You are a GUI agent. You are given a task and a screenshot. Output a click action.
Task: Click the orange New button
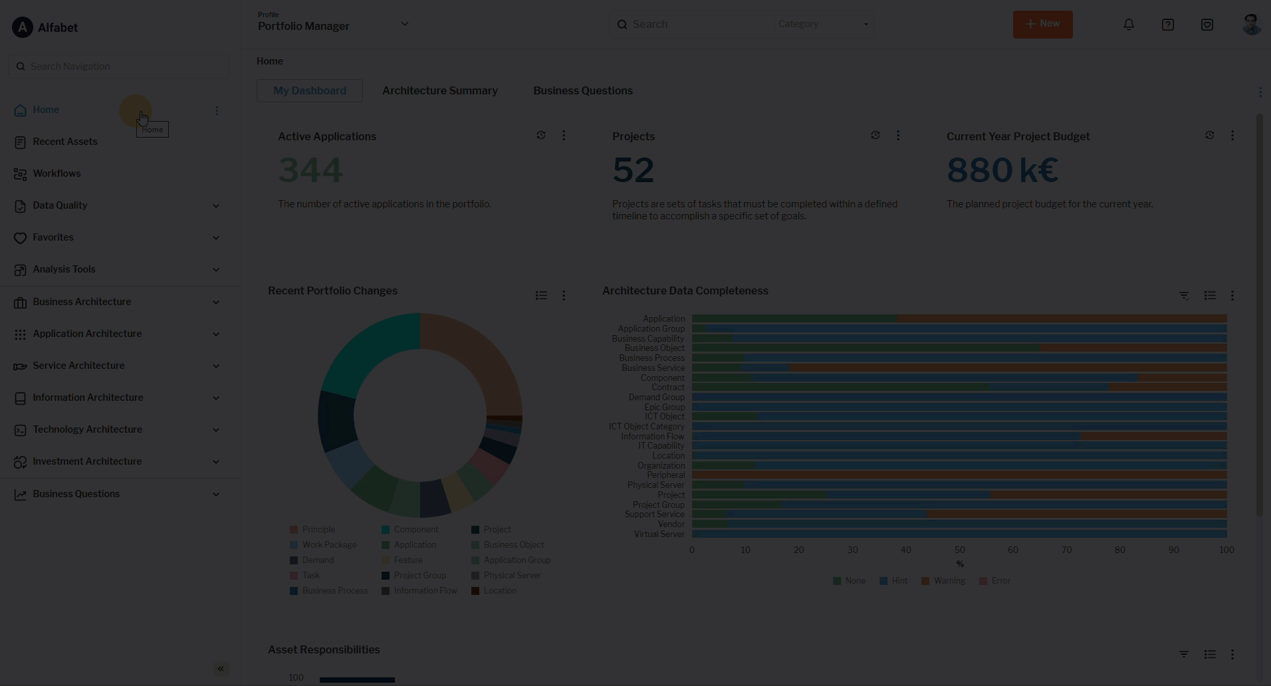[1042, 25]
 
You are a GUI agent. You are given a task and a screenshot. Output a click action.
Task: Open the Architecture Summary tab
[439, 91]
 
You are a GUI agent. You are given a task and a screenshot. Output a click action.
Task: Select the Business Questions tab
[582, 91]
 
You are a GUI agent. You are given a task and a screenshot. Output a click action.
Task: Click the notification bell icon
[1129, 25]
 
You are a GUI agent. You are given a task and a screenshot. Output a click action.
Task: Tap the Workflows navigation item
[57, 173]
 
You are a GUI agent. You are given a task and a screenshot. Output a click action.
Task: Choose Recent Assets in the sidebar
[64, 142]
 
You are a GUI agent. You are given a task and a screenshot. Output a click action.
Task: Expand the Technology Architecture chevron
[216, 430]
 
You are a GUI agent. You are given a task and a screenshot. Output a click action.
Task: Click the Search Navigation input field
[120, 66]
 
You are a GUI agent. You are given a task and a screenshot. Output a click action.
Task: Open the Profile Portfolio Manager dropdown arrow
[404, 24]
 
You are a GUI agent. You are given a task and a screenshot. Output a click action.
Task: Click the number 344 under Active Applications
[310, 170]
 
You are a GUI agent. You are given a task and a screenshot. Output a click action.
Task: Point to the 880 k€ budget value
[1002, 170]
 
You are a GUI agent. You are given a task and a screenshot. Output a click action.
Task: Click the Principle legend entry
[318, 530]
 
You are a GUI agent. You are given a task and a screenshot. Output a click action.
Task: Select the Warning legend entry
[949, 581]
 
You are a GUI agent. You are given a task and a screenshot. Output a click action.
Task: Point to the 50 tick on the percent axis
[959, 550]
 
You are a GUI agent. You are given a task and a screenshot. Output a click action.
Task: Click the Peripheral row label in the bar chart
[665, 475]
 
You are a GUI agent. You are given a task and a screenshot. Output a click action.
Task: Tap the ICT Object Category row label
[646, 427]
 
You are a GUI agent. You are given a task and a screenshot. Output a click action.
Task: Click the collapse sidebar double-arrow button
[221, 669]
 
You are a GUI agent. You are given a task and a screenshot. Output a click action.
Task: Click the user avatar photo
[1251, 25]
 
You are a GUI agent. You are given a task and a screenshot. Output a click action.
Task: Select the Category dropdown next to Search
[823, 25]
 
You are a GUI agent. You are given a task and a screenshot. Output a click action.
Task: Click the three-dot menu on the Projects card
[898, 136]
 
